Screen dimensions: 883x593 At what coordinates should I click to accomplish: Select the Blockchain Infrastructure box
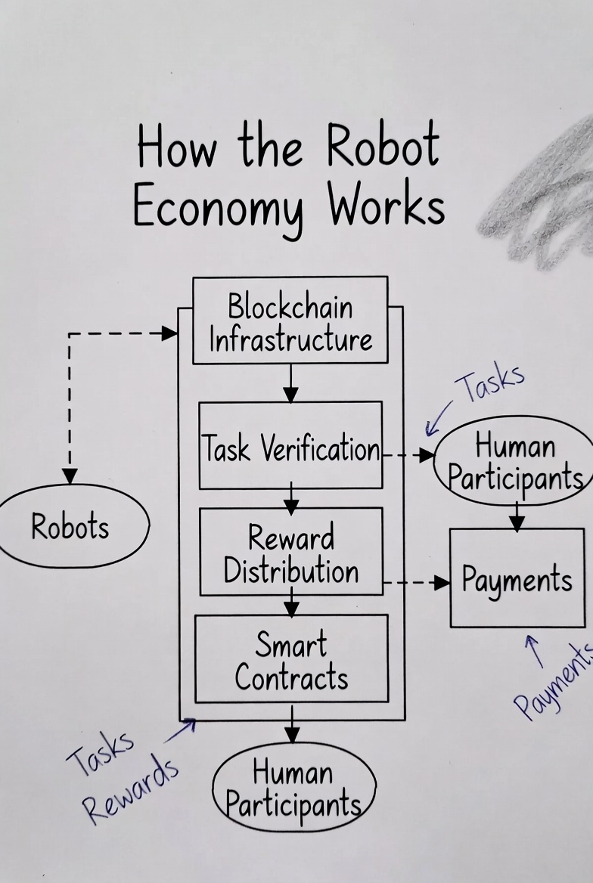click(x=290, y=321)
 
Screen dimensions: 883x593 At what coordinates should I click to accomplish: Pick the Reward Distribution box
click(x=291, y=553)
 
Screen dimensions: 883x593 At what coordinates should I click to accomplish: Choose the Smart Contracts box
click(x=291, y=659)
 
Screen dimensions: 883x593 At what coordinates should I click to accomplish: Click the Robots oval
click(x=70, y=526)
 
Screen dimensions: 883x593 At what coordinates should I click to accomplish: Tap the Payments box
click(x=517, y=579)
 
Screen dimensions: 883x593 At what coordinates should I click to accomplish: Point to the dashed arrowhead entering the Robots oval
click(x=70, y=476)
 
